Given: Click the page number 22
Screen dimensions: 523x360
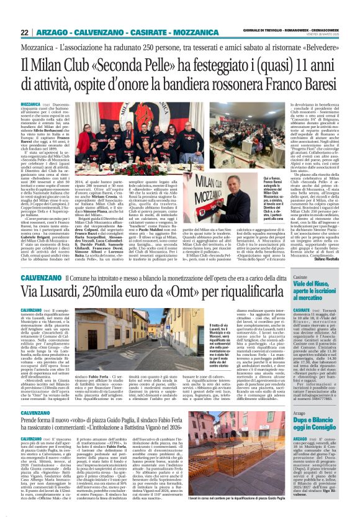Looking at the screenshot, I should tap(25, 32).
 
